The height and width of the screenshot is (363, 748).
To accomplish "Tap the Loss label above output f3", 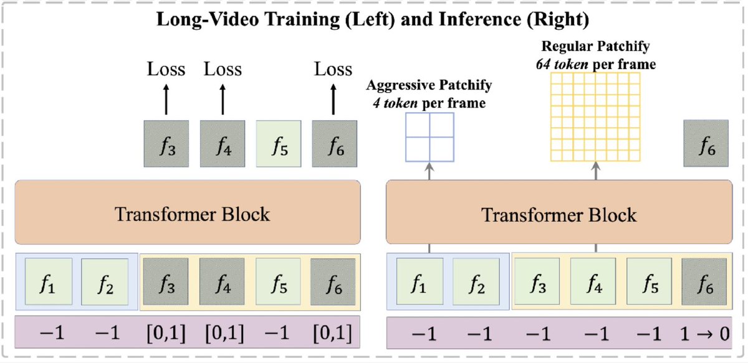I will (x=166, y=68).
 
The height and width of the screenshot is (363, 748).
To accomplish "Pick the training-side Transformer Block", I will (x=187, y=213).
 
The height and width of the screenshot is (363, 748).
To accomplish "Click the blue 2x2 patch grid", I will (x=430, y=137).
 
